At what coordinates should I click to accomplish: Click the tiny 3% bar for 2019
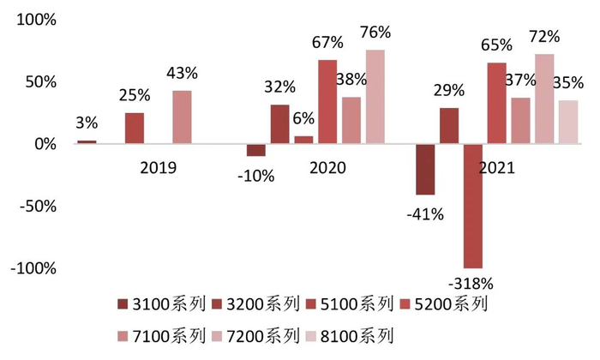click(x=87, y=141)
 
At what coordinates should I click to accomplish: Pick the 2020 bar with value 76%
click(x=375, y=97)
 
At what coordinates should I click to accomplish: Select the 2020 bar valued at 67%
click(x=327, y=102)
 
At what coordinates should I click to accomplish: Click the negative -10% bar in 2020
click(x=255, y=150)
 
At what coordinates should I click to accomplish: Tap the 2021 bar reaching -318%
click(x=473, y=206)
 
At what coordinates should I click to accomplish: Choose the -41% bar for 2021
click(x=425, y=170)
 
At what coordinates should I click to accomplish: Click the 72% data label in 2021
click(x=546, y=37)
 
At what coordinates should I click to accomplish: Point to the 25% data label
click(x=134, y=93)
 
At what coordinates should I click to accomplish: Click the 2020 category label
click(x=327, y=168)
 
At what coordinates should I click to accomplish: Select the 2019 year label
click(x=158, y=168)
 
